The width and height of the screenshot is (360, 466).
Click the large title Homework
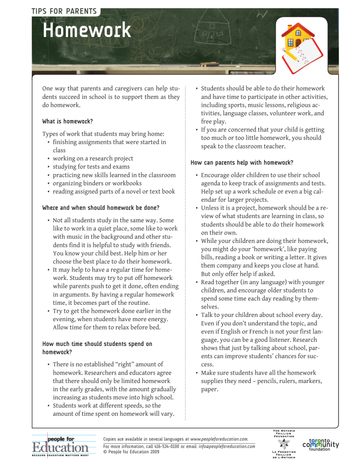tap(86, 31)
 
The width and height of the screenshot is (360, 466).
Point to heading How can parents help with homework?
tap(241, 163)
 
